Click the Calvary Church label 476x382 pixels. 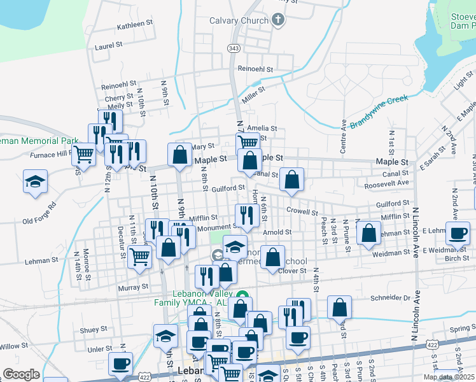click(239, 20)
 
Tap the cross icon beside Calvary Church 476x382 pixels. click(277, 20)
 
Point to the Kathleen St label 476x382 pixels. click(136, 24)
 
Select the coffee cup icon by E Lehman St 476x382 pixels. click(458, 234)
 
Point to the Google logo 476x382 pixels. click(21, 374)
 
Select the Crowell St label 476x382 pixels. click(302, 211)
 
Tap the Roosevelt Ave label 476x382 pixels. click(386, 183)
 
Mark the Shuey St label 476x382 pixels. click(93, 329)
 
